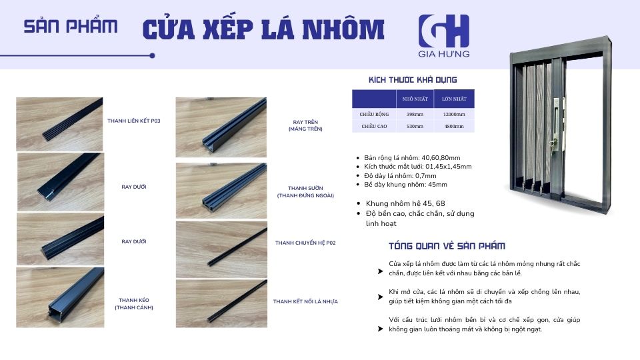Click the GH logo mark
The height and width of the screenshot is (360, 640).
point(443,31)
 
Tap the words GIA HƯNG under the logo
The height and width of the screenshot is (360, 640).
point(444,53)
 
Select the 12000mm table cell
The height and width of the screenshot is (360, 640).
point(453,114)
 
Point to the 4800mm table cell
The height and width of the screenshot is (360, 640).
point(453,125)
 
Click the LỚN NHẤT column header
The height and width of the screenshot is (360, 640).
point(453,99)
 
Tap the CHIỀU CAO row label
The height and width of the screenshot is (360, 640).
point(374,125)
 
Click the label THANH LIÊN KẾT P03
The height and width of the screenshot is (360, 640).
point(134,121)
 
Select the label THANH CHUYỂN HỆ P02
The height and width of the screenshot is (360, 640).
point(305,243)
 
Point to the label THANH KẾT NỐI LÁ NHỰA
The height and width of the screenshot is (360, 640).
point(305,301)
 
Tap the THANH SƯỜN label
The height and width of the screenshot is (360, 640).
point(305,192)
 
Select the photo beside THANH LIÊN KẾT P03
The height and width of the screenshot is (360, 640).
point(59,115)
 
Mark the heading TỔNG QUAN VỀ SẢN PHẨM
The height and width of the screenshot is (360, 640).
point(447,245)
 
